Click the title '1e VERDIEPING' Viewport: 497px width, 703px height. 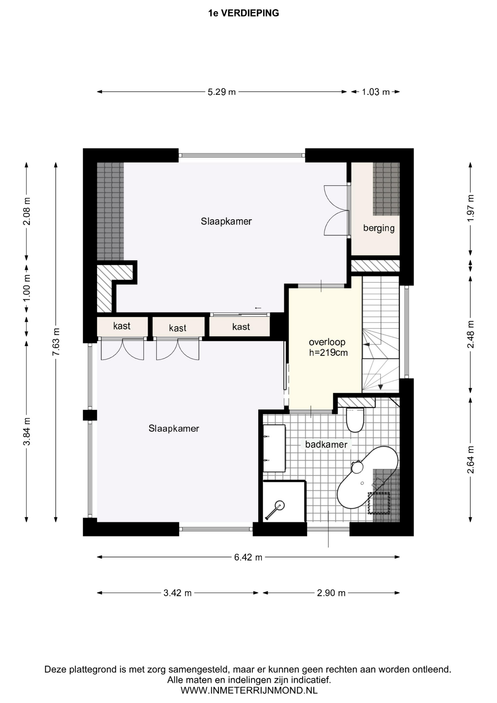click(x=243, y=13)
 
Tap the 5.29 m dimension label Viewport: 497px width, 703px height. click(x=222, y=92)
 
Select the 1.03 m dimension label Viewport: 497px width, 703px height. click(x=376, y=92)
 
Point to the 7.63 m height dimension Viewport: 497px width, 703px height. click(x=56, y=342)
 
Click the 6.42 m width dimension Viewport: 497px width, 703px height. click(x=248, y=557)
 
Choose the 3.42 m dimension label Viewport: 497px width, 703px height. click(x=177, y=593)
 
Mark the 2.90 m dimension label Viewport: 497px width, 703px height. click(x=331, y=593)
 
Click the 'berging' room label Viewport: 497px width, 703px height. click(x=379, y=228)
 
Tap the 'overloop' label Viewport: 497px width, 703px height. click(x=327, y=342)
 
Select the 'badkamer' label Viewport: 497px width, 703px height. click(x=326, y=445)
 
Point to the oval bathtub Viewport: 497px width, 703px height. click(x=367, y=477)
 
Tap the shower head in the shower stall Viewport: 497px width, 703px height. click(x=280, y=506)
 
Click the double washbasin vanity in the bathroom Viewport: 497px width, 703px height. click(x=274, y=448)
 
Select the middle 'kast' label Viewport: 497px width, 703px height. click(x=178, y=328)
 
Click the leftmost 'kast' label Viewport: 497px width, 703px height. click(x=122, y=326)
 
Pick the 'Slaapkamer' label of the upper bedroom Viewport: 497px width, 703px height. click(x=226, y=221)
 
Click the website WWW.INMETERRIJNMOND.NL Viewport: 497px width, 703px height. click(x=249, y=691)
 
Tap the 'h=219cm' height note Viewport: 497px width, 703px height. click(x=328, y=353)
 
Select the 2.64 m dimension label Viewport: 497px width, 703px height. click(x=470, y=460)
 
